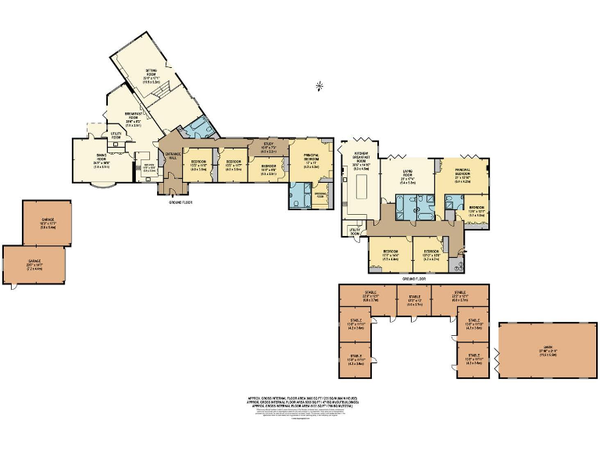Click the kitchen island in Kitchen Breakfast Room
(361, 188)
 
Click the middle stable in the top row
(414, 300)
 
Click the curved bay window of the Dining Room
(104, 187)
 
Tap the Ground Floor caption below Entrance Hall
(180, 202)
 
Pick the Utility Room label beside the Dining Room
(117, 136)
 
